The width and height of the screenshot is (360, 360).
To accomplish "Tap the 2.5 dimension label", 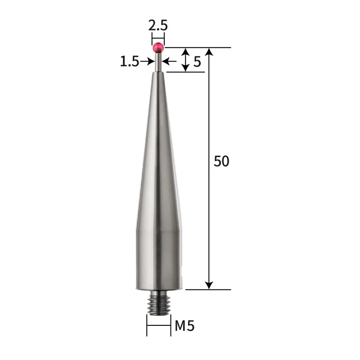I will pos(158,25).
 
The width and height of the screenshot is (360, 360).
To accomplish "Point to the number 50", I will pos(221,161).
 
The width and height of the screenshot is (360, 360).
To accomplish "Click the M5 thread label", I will pos(184,325).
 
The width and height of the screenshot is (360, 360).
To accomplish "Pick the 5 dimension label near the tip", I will pos(197,62).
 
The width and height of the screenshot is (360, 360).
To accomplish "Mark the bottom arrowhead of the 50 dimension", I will pos(209,284).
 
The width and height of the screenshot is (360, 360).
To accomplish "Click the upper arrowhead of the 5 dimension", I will pos(185,52).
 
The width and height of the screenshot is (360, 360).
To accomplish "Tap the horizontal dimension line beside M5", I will pos(158,325).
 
